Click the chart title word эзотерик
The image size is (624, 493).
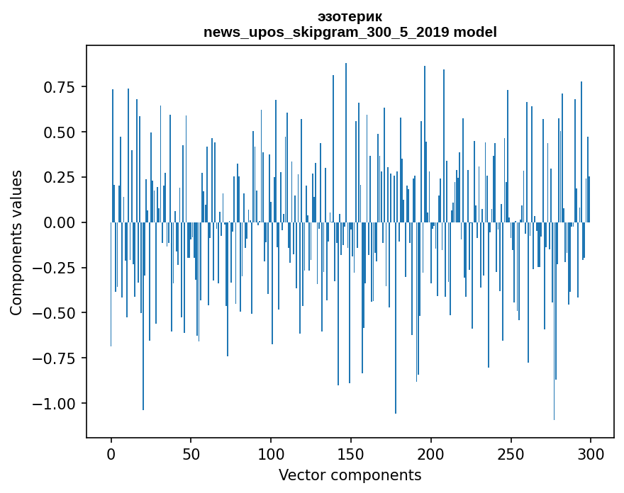point(350,17)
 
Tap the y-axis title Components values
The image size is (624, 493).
point(16,242)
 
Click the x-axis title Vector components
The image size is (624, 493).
point(350,475)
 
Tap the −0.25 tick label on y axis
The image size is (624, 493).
point(56,268)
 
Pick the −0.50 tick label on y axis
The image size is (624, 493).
point(56,313)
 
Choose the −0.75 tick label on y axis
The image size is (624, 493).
point(56,358)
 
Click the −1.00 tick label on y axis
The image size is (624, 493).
point(56,404)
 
